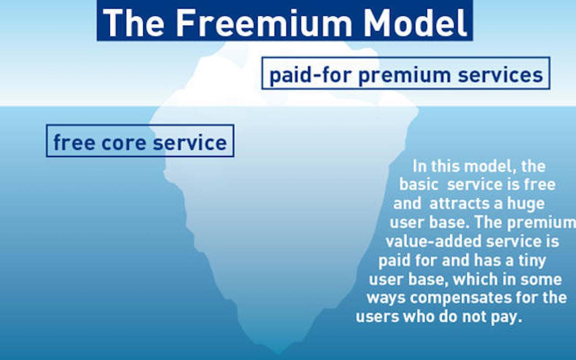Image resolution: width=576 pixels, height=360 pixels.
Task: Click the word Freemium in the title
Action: pyautogui.click(x=264, y=23)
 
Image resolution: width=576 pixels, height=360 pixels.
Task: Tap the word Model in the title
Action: pyautogui.click(x=415, y=23)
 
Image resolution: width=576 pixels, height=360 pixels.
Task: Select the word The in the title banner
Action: pyautogui.click(x=133, y=23)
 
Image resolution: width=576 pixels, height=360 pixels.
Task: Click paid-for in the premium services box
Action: pyautogui.click(x=311, y=75)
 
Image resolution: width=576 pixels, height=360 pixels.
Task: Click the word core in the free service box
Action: pyautogui.click(x=124, y=143)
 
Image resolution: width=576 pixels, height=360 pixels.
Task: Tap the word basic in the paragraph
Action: pyautogui.click(x=419, y=185)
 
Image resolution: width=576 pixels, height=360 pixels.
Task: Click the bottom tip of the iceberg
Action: pyautogui.click(x=278, y=354)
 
